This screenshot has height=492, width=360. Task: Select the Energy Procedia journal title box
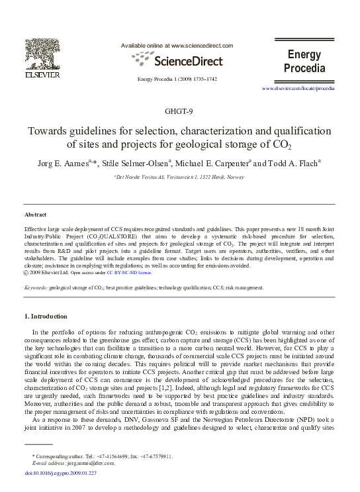pyautogui.click(x=304, y=61)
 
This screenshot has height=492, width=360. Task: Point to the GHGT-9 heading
pyautogui.click(x=180, y=110)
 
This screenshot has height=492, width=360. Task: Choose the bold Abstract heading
pyautogui.click(x=35, y=215)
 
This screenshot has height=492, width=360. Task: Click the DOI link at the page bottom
pyautogui.click(x=60, y=473)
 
